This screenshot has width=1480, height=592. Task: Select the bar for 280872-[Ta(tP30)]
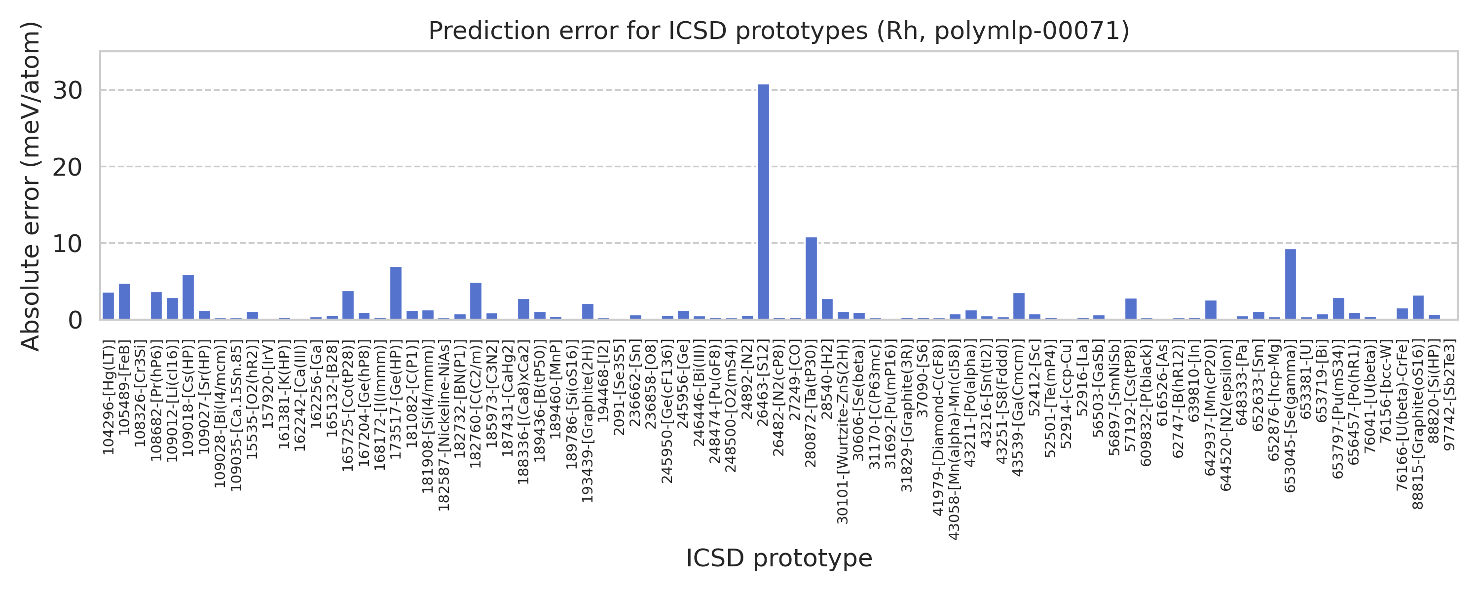pyautogui.click(x=811, y=278)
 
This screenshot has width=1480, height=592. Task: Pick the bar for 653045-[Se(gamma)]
pyautogui.click(x=1291, y=284)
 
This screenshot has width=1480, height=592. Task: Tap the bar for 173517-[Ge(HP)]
pyautogui.click(x=396, y=293)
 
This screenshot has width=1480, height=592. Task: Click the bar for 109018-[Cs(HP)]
pyautogui.click(x=188, y=296)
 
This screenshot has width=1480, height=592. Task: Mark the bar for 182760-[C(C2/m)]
pyautogui.click(x=476, y=300)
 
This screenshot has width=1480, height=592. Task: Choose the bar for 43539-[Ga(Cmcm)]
pyautogui.click(x=1019, y=306)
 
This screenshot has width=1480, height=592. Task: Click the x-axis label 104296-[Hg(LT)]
pyautogui.click(x=109, y=397)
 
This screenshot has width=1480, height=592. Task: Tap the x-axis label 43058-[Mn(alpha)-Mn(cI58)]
pyautogui.click(x=954, y=440)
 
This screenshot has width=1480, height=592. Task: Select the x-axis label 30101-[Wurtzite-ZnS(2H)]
pyautogui.click(x=843, y=432)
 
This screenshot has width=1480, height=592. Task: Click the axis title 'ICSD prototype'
pyautogui.click(x=778, y=558)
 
